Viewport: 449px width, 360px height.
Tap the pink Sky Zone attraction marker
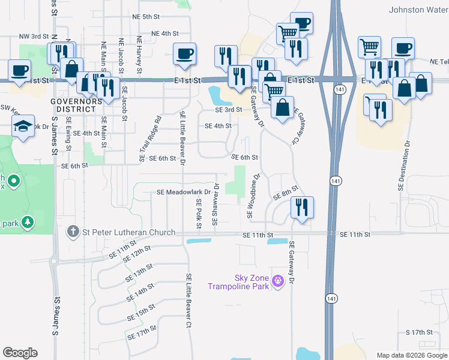(277, 280)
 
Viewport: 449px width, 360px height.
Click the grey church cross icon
(73, 232)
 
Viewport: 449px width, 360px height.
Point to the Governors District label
(73, 104)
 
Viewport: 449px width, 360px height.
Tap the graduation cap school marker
(23, 127)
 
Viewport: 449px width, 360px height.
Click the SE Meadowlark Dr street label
(184, 193)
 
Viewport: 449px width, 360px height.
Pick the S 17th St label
(419, 332)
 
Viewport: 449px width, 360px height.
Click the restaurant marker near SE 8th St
(302, 207)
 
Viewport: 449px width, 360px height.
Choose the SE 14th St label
(141, 295)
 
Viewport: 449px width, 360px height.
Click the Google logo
(20, 353)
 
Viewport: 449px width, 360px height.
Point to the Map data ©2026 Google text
(411, 355)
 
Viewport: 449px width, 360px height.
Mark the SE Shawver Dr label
(214, 205)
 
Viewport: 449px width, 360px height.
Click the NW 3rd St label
(33, 37)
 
